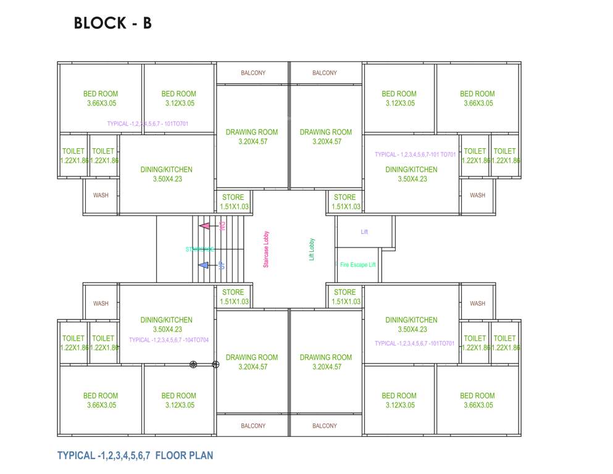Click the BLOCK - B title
coord(112,23)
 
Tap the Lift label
coord(364,232)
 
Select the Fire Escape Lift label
coord(357,265)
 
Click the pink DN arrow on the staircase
coord(205,226)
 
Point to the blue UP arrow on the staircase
coord(204,265)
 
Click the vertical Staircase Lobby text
coord(266,249)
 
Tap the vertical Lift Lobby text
coord(312,249)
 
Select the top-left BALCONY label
coord(253,73)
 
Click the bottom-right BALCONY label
coord(325,426)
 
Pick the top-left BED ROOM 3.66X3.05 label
coord(101,99)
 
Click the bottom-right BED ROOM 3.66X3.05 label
coord(477,401)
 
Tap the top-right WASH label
coord(477,195)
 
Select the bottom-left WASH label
coord(101,304)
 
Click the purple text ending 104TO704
coord(169,340)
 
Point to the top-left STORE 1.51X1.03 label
coord(233,202)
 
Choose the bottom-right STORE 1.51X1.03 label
coord(345,297)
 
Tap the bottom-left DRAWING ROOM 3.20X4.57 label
coord(252,362)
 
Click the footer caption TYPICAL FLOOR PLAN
coord(135,456)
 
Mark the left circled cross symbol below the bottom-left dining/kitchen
coord(193,365)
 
